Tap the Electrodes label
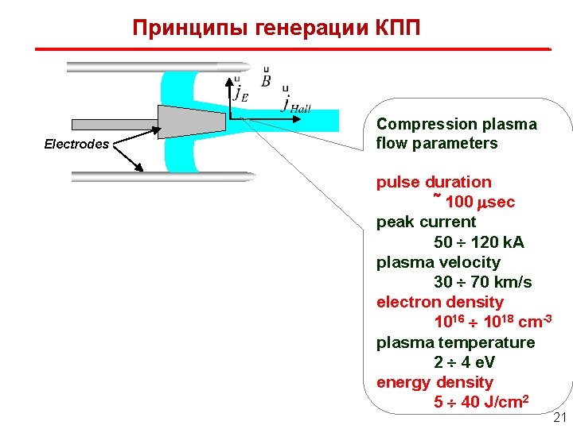[x=76, y=145]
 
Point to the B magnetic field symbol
[x=266, y=80]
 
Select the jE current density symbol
[x=239, y=91]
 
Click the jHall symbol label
[x=296, y=106]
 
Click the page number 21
[x=559, y=418]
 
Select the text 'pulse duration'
[x=434, y=182]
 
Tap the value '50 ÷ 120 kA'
[x=478, y=242]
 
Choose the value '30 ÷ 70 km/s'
[x=482, y=282]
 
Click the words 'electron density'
[x=439, y=302]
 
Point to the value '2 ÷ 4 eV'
[x=464, y=362]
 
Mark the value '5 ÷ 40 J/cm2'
[x=481, y=402]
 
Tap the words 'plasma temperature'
[x=455, y=342]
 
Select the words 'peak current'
[x=426, y=222]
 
